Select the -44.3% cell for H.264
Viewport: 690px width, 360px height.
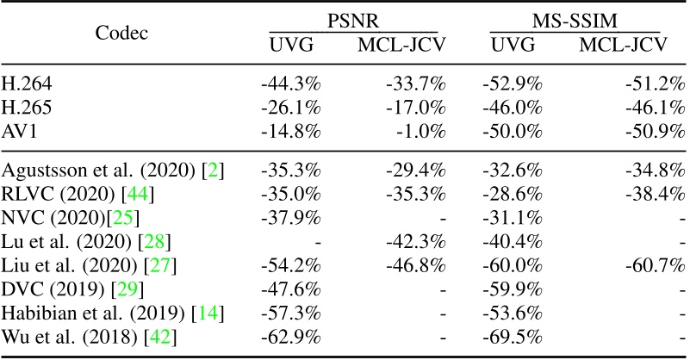click(291, 84)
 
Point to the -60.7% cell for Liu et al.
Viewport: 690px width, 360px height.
click(655, 265)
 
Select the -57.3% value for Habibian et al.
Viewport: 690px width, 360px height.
click(291, 310)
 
